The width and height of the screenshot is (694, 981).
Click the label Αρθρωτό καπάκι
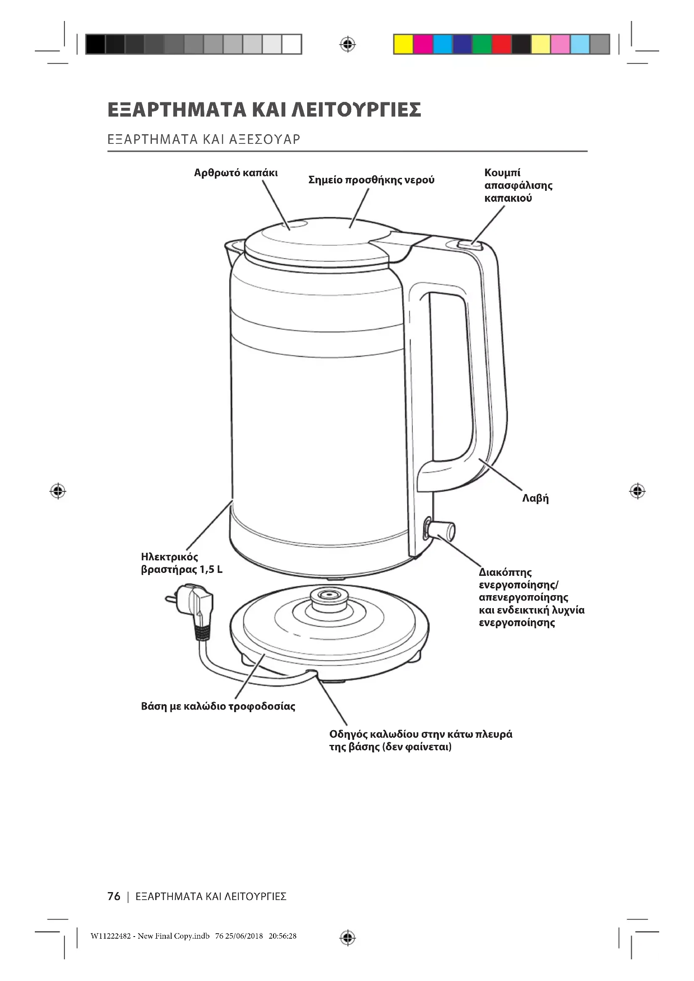(x=235, y=173)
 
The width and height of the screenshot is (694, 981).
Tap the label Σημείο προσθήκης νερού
(x=371, y=180)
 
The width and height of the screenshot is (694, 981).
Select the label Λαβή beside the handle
(x=535, y=498)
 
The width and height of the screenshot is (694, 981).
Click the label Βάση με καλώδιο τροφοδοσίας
(x=218, y=706)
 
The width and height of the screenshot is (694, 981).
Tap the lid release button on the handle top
(x=469, y=245)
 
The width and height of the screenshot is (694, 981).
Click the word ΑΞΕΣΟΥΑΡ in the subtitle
(x=264, y=139)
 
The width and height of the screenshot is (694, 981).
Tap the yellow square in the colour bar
(x=403, y=44)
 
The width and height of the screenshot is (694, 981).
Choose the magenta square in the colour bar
(x=423, y=44)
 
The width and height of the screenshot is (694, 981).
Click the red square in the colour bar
(x=502, y=44)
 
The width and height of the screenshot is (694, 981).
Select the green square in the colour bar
(x=482, y=44)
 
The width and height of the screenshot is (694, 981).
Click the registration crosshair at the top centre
(x=347, y=44)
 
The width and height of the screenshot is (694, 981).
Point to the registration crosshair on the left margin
(x=57, y=492)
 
